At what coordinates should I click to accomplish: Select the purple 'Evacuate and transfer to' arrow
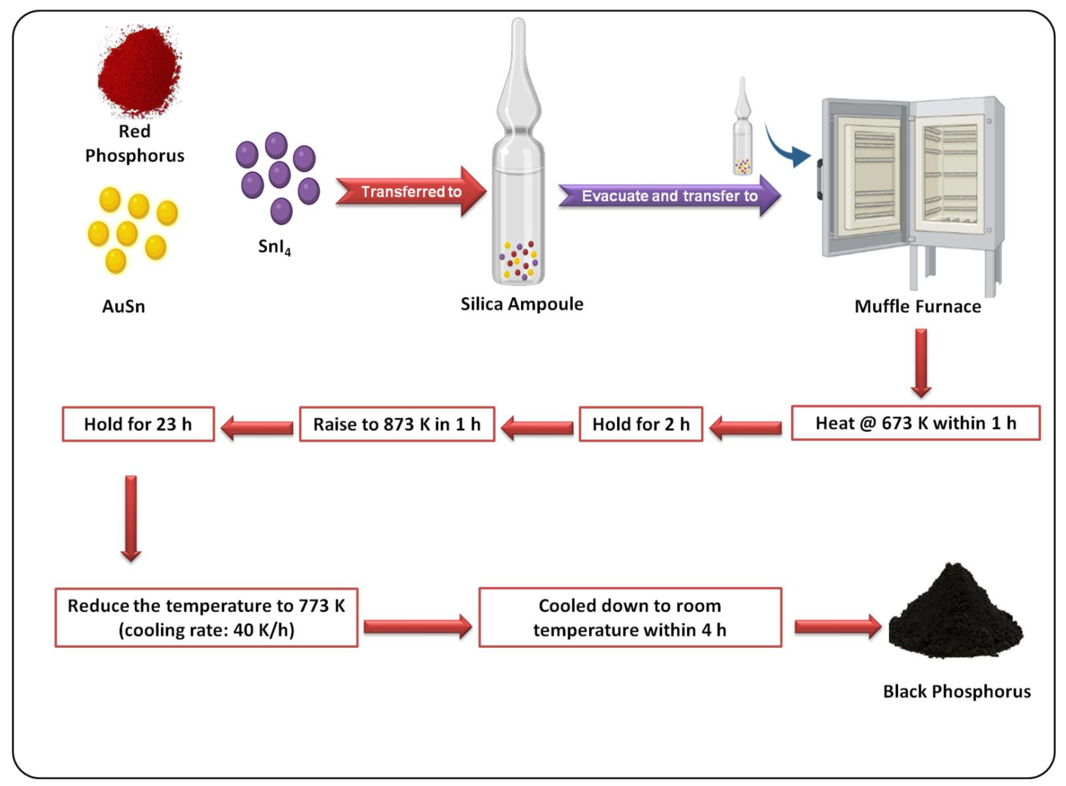coord(669,196)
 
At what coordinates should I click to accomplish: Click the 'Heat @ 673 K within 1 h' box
coord(915,423)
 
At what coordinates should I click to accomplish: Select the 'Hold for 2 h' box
coord(641,424)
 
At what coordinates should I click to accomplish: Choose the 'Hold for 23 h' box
coord(138,424)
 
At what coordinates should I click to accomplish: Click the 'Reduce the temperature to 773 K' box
coord(206,618)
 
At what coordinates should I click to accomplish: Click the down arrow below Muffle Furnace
coord(921,363)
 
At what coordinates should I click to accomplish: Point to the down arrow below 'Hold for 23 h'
coord(131,518)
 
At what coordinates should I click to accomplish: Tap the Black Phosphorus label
coord(957,691)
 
